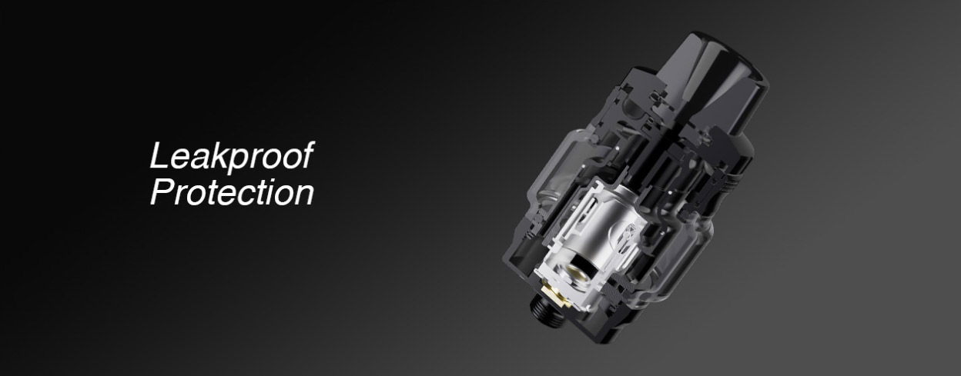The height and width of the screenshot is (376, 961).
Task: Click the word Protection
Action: coord(232,193)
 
